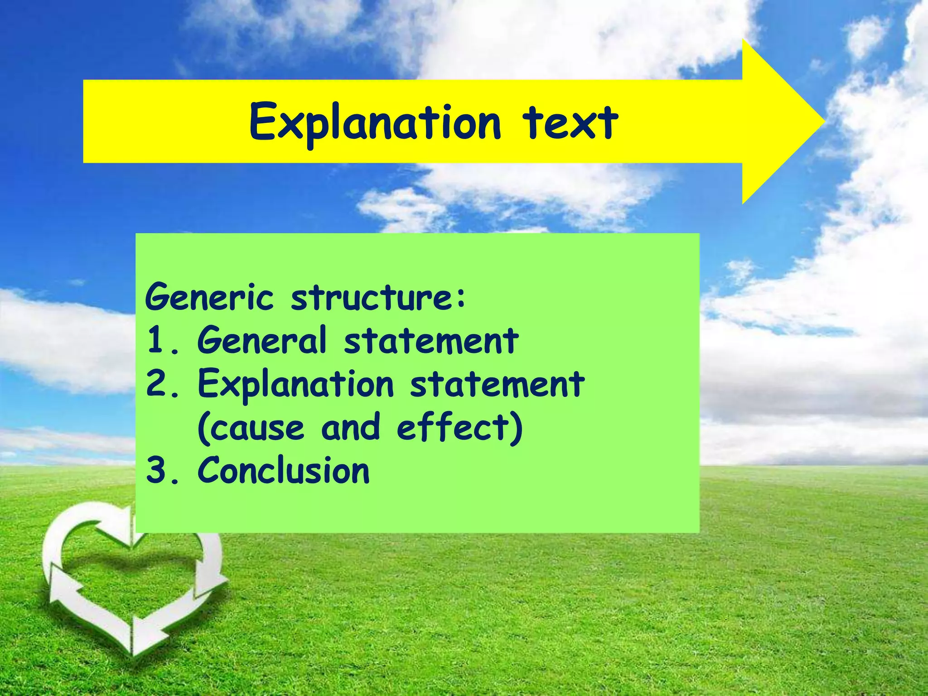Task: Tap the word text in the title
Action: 570,121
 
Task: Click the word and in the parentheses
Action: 350,427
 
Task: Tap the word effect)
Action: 459,427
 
